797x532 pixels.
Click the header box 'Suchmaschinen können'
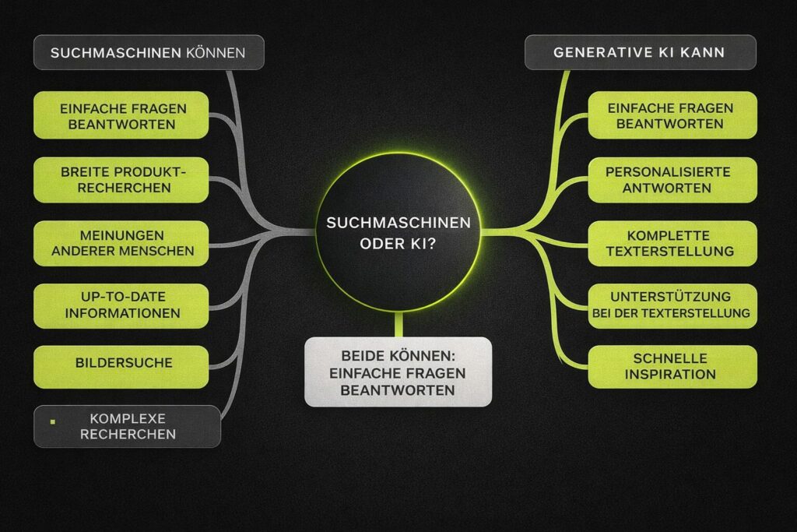[x=149, y=53]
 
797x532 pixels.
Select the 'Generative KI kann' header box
[x=640, y=53]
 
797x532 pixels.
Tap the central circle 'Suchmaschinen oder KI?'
[x=398, y=231]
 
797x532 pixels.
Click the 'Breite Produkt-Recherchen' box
[x=121, y=180]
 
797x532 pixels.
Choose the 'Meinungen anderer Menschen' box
[x=121, y=243]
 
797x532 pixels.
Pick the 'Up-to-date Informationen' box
[x=121, y=305]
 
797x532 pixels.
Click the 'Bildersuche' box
[x=121, y=363]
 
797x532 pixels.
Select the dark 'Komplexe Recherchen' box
[x=127, y=426]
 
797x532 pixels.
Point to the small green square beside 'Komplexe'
[x=52, y=421]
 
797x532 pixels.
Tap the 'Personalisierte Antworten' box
[x=672, y=180]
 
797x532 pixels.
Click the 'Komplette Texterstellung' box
[x=672, y=243]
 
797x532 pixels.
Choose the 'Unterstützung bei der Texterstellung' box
[x=672, y=305]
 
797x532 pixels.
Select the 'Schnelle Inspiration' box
[x=672, y=367]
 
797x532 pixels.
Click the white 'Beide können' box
[x=398, y=372]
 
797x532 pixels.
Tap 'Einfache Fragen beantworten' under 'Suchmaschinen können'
[x=121, y=115]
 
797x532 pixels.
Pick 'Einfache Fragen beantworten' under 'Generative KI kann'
[x=672, y=115]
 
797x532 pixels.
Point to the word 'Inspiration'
[x=672, y=375]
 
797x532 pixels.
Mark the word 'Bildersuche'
[x=124, y=363]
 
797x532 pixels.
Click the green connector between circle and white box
[x=398, y=324]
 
